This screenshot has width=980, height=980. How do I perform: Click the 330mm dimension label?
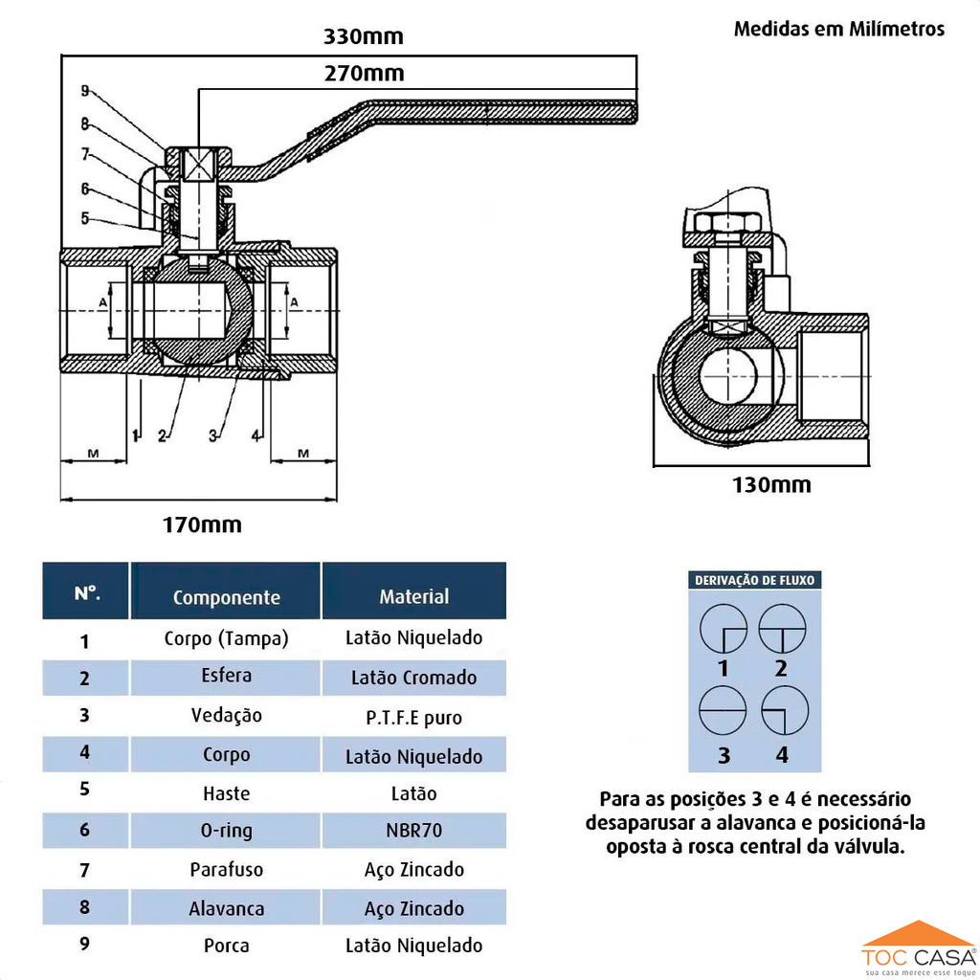(363, 37)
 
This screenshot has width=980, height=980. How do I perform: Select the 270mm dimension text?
(363, 74)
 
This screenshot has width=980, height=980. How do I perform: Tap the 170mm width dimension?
(201, 524)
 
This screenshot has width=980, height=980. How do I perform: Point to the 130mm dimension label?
(771, 484)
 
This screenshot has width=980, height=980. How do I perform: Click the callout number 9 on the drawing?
(85, 91)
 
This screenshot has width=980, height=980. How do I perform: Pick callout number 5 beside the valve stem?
(85, 218)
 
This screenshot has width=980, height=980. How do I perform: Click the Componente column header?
(227, 597)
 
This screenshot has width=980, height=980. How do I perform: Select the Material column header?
(413, 596)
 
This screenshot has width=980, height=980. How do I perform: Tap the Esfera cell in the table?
(227, 676)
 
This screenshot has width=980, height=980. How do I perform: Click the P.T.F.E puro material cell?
(413, 717)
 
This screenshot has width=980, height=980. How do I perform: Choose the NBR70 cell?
(413, 830)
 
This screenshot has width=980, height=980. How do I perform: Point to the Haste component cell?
(227, 793)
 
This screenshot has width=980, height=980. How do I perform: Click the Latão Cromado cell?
(413, 678)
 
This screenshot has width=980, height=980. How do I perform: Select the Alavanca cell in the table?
(227, 908)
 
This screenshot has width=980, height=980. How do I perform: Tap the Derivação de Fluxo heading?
(755, 580)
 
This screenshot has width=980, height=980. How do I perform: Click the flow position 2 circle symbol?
(782, 628)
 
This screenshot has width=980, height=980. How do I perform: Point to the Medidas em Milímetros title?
(838, 29)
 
